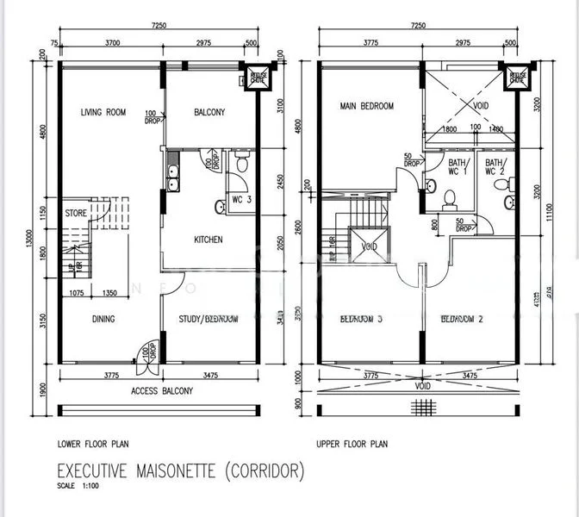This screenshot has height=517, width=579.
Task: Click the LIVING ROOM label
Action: [x=103, y=112]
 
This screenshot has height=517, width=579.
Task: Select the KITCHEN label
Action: [x=209, y=240]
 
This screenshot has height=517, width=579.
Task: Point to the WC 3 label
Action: [x=242, y=200]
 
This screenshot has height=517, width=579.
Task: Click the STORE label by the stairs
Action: [x=75, y=212]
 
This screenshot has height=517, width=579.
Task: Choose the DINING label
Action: [x=102, y=319]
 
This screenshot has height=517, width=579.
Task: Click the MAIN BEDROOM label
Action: [x=367, y=106]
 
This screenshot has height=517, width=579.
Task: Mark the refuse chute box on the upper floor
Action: [x=517, y=76]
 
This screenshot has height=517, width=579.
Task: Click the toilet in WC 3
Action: [x=243, y=164]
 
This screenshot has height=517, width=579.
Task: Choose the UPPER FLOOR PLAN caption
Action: [x=352, y=445]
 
